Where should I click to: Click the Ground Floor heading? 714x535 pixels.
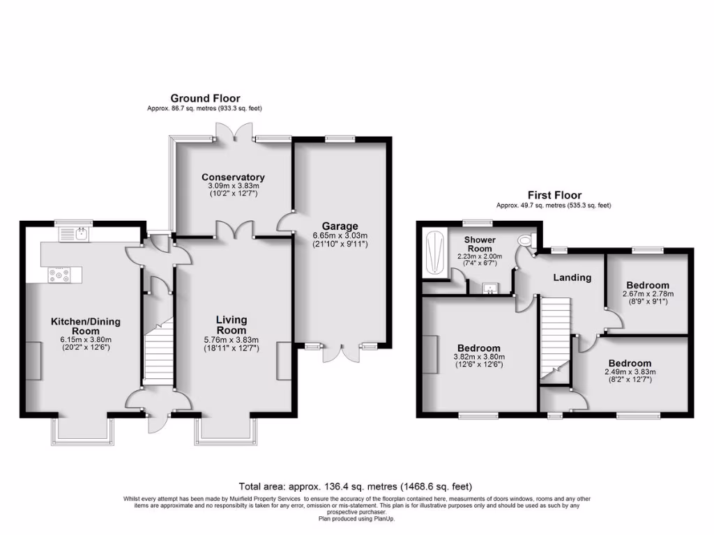point(205,99)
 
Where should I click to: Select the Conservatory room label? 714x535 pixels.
point(234,177)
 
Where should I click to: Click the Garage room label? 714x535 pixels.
point(340,226)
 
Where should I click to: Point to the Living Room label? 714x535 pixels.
point(231,325)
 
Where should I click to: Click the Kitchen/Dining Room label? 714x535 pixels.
point(85,326)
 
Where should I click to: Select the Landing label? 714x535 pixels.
point(572,277)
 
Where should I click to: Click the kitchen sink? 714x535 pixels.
point(82,233)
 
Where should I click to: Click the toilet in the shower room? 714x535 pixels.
point(525,240)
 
